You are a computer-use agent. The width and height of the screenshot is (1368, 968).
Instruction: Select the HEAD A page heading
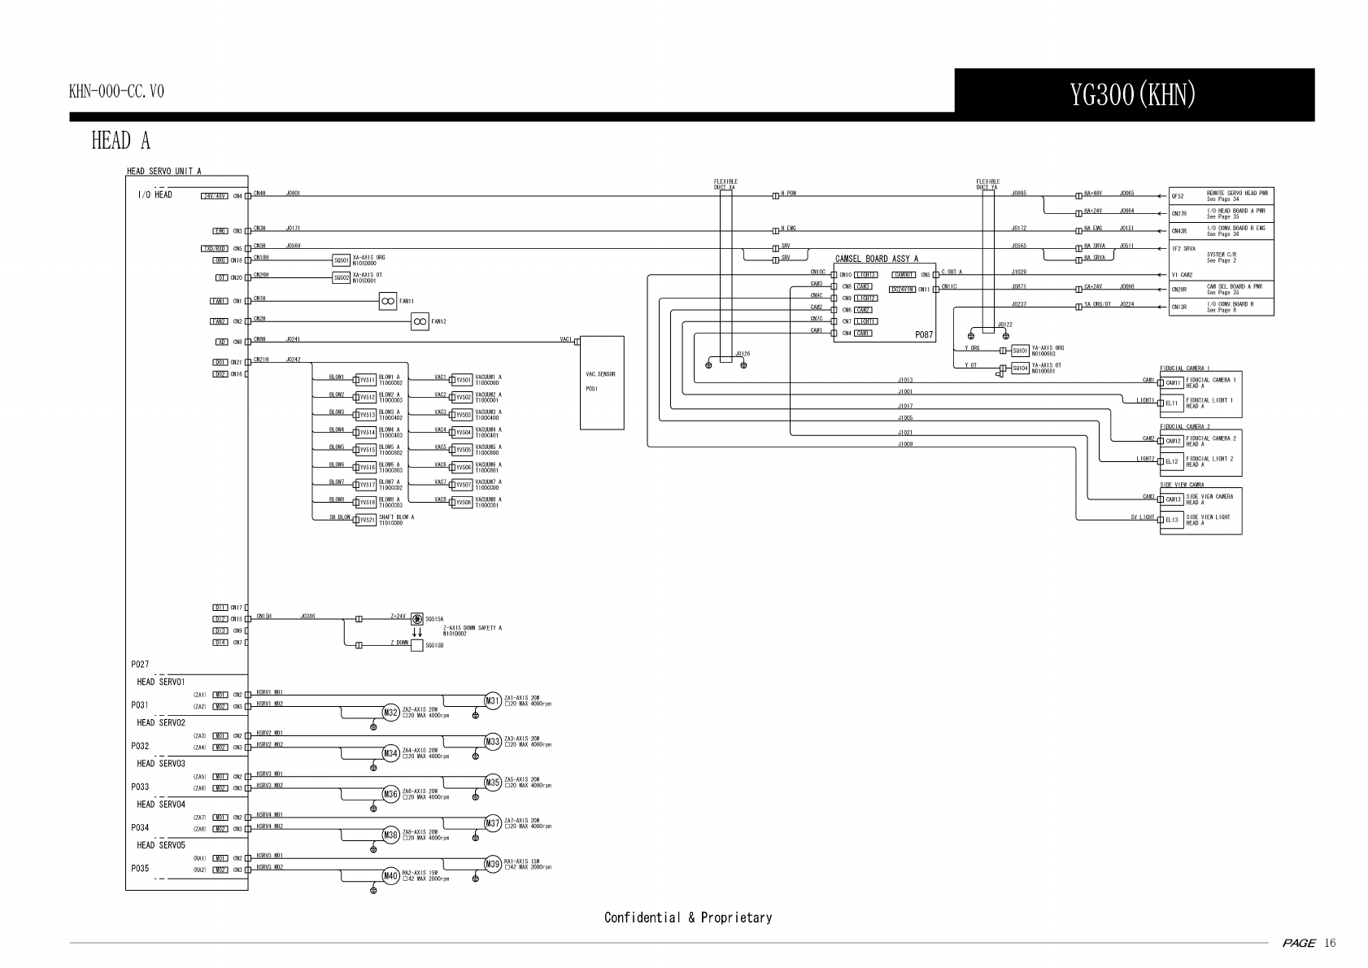coord(120,141)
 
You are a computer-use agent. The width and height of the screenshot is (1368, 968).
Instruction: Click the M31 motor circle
coord(493,701)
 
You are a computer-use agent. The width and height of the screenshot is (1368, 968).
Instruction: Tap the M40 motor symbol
coord(390,876)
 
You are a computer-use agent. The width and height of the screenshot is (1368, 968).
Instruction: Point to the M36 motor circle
coord(390,794)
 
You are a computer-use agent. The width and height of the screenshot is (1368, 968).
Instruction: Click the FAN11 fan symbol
coord(388,301)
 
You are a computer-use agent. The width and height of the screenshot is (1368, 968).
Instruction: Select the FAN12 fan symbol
coord(420,321)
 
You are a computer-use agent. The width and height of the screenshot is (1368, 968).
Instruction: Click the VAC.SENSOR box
coord(602,382)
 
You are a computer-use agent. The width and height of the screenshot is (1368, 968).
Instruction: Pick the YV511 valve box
coord(367,380)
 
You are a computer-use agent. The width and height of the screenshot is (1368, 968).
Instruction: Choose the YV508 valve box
coord(463,503)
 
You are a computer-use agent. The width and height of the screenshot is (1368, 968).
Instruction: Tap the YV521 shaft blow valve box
coord(367,520)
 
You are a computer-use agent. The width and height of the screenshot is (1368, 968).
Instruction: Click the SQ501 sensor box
coord(342,260)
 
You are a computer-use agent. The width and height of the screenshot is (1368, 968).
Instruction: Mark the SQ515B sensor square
coord(417,646)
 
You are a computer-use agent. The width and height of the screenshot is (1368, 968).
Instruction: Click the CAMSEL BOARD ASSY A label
coord(877,258)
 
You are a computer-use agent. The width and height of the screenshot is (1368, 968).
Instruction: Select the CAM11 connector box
coord(1173,382)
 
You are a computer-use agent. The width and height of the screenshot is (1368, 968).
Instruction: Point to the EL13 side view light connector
coord(1172,520)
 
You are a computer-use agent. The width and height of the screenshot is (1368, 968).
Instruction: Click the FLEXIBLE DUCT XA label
coord(725,184)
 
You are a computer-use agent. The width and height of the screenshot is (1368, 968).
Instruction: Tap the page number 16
coord(1330,944)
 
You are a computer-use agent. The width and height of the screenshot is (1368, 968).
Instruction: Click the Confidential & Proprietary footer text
coord(687,918)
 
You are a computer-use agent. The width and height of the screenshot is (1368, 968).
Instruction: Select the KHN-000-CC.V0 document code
coord(116,91)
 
